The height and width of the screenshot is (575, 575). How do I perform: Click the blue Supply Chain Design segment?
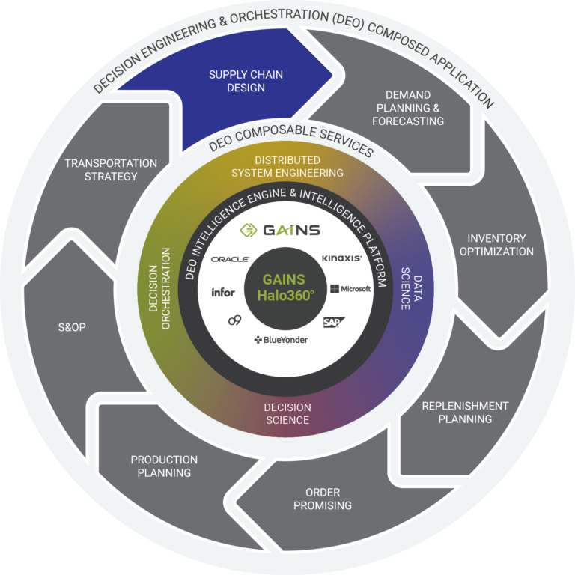coord(237,81)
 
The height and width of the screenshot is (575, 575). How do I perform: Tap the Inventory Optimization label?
coord(496,245)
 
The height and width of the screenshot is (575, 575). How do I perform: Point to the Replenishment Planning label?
coord(465,412)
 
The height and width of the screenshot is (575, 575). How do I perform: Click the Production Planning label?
coord(164,466)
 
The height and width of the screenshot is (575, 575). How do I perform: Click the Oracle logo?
coord(230,259)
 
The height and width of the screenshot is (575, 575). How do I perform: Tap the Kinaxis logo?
coord(341,258)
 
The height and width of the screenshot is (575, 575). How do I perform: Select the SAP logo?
coord(332,322)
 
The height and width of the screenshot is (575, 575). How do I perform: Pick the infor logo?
coord(223,291)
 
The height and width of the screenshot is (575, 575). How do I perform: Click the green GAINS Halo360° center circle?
coord(287,287)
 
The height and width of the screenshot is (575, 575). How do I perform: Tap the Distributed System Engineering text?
coord(287,166)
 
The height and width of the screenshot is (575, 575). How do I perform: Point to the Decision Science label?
coord(287,413)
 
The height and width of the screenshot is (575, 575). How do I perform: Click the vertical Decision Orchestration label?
coord(162,287)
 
